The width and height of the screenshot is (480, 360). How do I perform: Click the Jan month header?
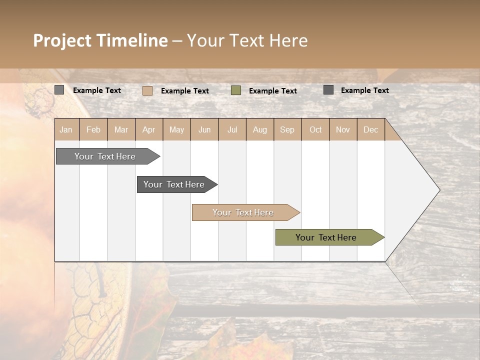point(66,129)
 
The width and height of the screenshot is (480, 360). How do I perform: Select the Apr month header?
point(149,129)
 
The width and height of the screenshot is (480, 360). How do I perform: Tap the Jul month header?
point(232,129)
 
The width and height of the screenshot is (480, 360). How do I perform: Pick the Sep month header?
point(287,129)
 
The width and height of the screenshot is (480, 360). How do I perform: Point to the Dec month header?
point(370,129)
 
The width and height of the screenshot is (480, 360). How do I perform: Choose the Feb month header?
point(93,129)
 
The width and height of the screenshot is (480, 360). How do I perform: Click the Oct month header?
point(315,129)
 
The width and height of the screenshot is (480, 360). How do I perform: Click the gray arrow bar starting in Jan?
point(105,156)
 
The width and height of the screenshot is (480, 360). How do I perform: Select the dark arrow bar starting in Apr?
point(174,184)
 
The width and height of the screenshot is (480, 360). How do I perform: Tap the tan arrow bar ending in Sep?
point(243,212)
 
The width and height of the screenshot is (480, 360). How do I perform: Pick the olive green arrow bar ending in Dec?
point(326,237)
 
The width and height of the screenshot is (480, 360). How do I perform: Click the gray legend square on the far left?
point(59,90)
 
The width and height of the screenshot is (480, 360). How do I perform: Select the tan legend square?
point(147,90)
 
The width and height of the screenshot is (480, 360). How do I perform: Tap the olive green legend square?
point(236,90)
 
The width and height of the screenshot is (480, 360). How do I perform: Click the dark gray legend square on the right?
point(328,90)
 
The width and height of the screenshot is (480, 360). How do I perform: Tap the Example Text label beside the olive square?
point(273,91)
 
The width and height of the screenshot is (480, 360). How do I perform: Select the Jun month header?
point(204,129)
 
